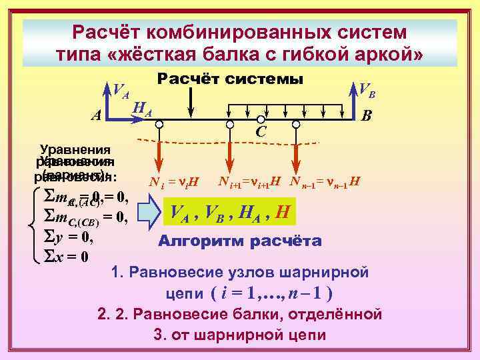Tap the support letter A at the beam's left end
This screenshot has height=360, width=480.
(x=96, y=115)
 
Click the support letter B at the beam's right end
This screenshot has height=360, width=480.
(x=365, y=115)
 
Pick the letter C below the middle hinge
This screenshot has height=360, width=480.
(x=261, y=133)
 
